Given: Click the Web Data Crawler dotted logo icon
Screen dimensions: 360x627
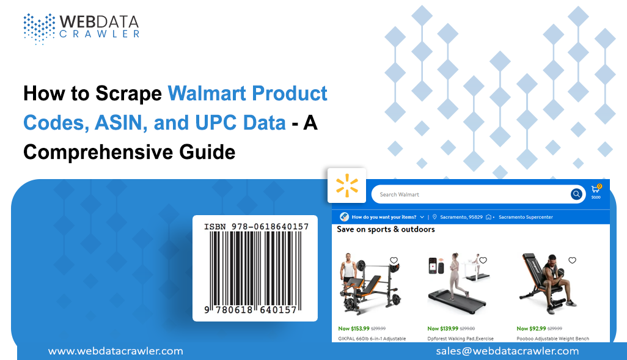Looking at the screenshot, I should (x=38, y=28).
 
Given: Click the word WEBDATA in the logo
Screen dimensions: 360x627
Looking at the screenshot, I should (x=98, y=21).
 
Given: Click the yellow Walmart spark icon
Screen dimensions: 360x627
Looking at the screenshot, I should (x=346, y=186).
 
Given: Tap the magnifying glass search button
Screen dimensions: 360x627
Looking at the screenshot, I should (x=576, y=194).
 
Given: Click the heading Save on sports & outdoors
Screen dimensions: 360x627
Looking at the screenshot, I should (x=386, y=229).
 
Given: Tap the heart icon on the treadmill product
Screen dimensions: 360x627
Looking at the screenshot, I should (x=483, y=260).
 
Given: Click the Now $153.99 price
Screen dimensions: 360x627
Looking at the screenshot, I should (x=353, y=328).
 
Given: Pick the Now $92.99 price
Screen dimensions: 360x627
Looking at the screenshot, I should (x=530, y=328).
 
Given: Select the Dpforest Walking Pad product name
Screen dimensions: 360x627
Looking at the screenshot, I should (x=460, y=338).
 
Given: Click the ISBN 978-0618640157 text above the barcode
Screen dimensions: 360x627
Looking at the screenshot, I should (x=256, y=226).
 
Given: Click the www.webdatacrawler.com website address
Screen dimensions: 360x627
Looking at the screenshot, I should (x=116, y=351).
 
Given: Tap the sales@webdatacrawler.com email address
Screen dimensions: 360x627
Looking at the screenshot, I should (x=507, y=351).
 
